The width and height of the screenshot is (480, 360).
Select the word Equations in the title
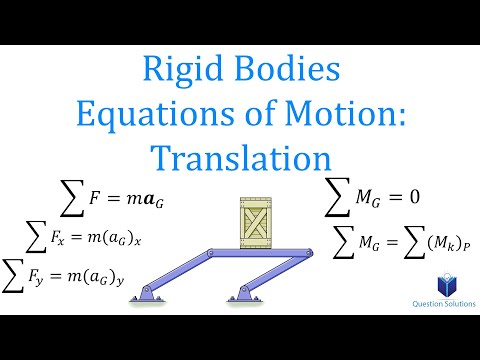pos(178,117)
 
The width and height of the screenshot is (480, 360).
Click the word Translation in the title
pos(240,159)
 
